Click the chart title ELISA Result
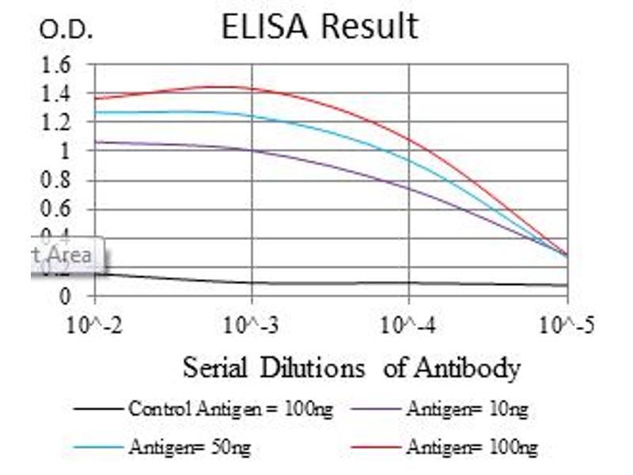tap(319, 26)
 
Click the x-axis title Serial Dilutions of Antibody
tap(352, 368)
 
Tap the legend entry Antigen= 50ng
tap(189, 447)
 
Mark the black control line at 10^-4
tap(409, 282)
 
